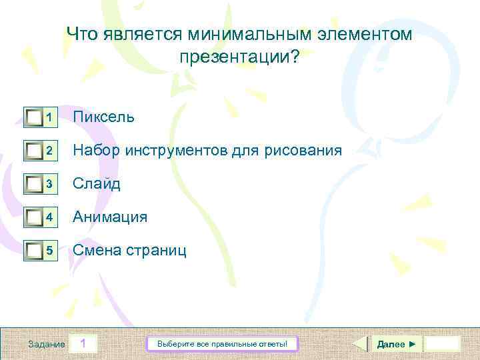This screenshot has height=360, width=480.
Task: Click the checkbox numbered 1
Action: click(34, 118)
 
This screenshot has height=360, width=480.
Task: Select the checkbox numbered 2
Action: click(34, 151)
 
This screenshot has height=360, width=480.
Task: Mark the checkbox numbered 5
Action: click(34, 251)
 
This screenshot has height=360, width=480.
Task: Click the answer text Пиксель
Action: click(103, 117)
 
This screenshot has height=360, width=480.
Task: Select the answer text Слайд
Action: click(97, 184)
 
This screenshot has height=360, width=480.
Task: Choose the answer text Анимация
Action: click(110, 217)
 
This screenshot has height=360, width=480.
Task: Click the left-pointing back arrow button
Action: click(359, 344)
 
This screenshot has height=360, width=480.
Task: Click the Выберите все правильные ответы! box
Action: click(222, 344)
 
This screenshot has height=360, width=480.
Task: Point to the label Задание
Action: click(47, 344)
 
